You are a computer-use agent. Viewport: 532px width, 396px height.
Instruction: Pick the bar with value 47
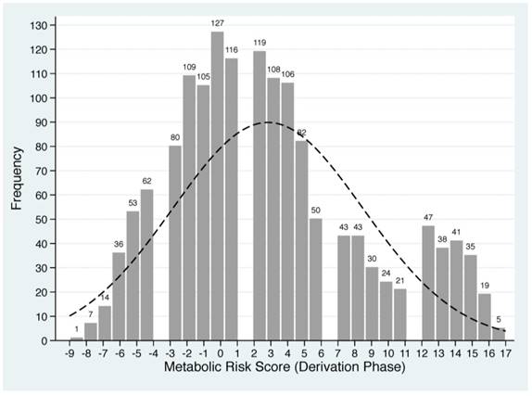pyautogui.click(x=428, y=283)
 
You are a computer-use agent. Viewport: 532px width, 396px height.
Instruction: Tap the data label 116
pyautogui.click(x=231, y=49)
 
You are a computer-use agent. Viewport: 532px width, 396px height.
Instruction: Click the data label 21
pyautogui.click(x=400, y=281)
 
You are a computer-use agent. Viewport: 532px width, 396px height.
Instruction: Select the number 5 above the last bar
pyautogui.click(x=500, y=320)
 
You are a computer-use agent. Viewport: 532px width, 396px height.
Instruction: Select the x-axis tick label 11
pyautogui.click(x=400, y=353)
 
